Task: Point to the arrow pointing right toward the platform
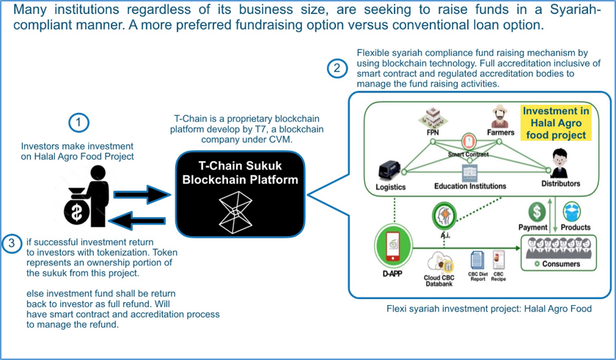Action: pos(142,194)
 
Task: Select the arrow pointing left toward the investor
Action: pos(137,221)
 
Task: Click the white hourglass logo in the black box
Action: pos(235,212)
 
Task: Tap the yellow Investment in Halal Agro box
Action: pos(556,123)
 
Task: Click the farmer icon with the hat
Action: pos(499,116)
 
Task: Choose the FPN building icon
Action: pos(433,117)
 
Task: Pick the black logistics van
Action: pos(389,171)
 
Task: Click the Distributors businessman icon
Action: pos(560,164)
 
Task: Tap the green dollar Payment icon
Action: pos(537,212)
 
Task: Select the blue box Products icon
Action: pos(572,212)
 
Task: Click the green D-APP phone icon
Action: pos(393,246)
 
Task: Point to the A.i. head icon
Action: pos(444,216)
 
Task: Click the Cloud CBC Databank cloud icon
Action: pos(441,262)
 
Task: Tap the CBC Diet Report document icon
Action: pos(477,261)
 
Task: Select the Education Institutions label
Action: pos(470,186)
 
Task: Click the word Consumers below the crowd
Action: pos(561,264)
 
